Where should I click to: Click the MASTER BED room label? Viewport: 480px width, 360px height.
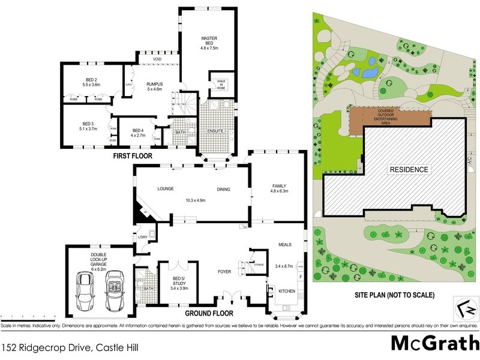pyautogui.click(x=208, y=40)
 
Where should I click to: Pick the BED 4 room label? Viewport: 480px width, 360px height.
pyautogui.click(x=138, y=130)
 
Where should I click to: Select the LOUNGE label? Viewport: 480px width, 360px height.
pyautogui.click(x=166, y=189)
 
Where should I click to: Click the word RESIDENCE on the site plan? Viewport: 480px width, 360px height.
pyautogui.click(x=410, y=169)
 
